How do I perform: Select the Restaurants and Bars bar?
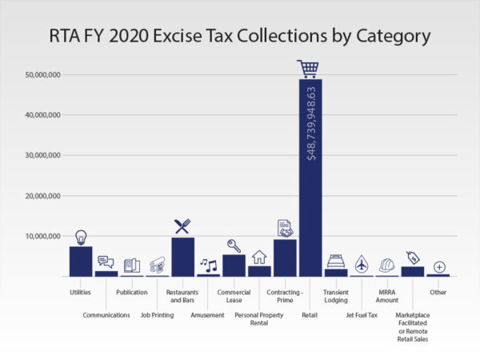[182, 257]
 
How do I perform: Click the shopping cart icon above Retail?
[308, 68]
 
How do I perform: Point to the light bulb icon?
[81, 237]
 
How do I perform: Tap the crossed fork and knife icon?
[182, 226]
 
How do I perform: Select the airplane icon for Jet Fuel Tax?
[362, 263]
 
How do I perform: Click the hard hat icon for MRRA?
[387, 265]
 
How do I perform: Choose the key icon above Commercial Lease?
[234, 246]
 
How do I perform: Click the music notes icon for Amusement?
[208, 264]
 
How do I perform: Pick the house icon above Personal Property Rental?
[259, 257]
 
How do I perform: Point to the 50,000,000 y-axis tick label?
[43, 74]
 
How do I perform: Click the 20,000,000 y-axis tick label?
[43, 196]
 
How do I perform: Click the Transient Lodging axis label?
[336, 297]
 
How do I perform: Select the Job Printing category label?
[157, 315]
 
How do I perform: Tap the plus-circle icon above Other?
[438, 266]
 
